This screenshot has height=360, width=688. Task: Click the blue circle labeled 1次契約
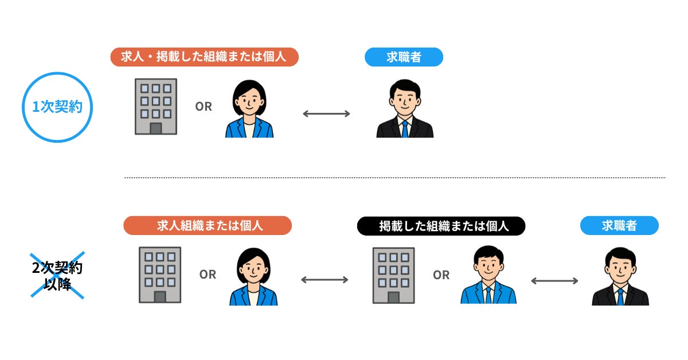tap(57, 107)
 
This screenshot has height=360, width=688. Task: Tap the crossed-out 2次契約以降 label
tap(57, 275)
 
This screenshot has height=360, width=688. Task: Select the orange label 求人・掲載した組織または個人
tap(205, 57)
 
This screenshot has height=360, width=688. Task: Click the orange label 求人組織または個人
tap(208, 225)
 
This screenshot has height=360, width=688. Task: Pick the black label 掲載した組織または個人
tap(441, 226)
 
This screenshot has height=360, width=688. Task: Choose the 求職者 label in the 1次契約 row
tap(404, 57)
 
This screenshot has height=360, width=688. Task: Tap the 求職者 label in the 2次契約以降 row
tap(619, 225)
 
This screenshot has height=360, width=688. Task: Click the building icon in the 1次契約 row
tap(156, 107)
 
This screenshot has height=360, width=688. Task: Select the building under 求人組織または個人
tap(160, 275)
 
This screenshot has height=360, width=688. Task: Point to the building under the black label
tap(393, 275)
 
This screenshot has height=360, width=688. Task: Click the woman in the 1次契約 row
tap(249, 109)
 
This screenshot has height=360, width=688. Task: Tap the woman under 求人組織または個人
tap(253, 276)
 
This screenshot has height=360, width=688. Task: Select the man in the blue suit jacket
tap(488, 275)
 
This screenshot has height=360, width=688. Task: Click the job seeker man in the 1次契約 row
tap(405, 109)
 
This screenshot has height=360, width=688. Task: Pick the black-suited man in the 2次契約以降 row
tap(620, 276)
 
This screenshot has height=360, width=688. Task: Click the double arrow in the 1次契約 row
tap(326, 114)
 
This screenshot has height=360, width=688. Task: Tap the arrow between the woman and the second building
tap(325, 280)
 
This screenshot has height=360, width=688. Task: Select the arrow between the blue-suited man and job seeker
tap(554, 280)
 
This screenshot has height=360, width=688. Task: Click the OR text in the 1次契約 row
tap(204, 107)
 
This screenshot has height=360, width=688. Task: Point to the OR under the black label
tap(441, 275)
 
